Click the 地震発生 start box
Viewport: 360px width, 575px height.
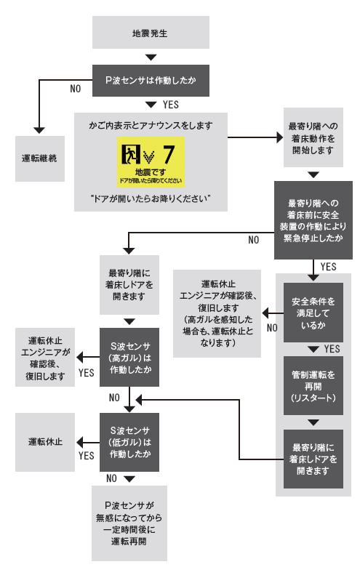tap(151, 33)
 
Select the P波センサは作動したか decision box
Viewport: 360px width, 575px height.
tap(151, 74)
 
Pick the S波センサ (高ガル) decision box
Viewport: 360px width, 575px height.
tap(129, 355)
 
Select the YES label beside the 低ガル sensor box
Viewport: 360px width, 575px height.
tap(86, 455)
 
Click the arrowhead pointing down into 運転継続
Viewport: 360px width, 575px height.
tap(41, 129)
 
